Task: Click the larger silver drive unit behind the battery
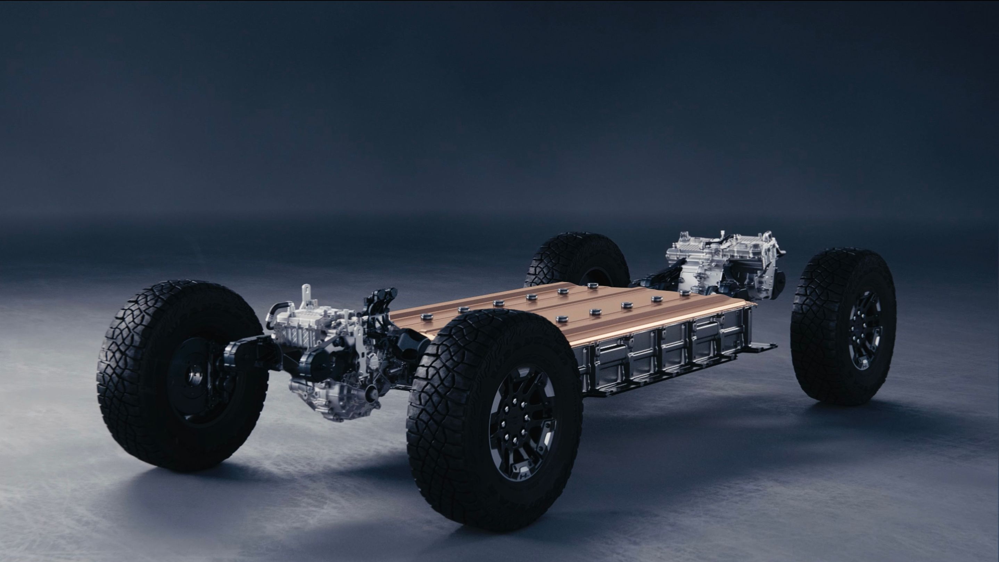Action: [721, 264]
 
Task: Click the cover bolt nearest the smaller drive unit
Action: [428, 317]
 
